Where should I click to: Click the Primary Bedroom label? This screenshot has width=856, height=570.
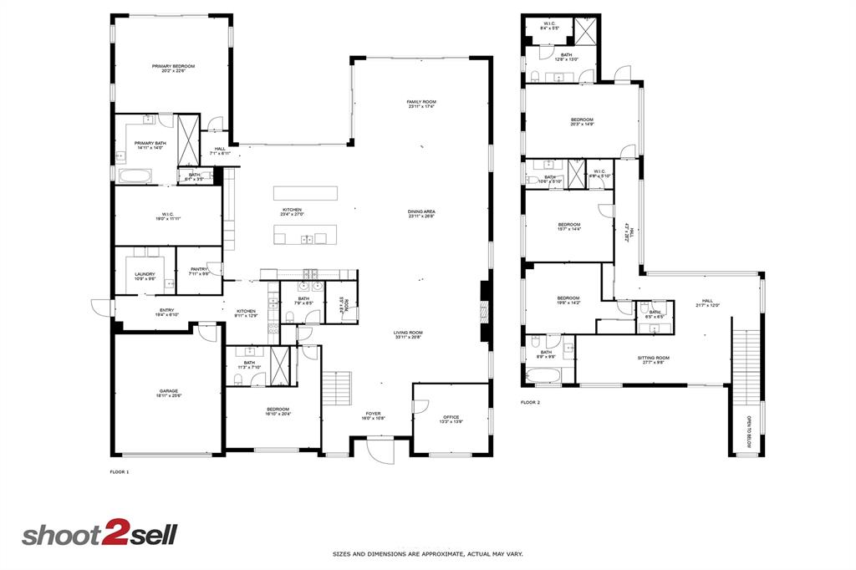(173, 66)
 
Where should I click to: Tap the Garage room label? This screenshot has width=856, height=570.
(169, 391)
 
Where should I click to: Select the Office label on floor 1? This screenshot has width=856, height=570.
(451, 417)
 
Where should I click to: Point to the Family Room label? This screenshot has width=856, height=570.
(421, 102)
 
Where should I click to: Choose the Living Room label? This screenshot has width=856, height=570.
(408, 333)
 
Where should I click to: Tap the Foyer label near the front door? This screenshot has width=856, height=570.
(372, 414)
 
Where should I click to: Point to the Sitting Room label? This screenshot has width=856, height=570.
(655, 358)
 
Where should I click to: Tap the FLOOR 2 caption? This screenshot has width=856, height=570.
(530, 402)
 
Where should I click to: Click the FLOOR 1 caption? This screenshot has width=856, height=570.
(120, 472)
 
